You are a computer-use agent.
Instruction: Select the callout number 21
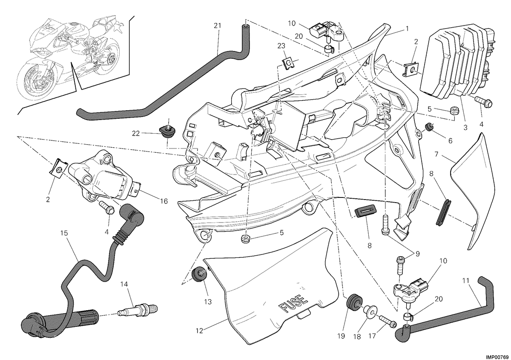(218, 26)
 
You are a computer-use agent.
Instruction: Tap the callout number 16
(164, 201)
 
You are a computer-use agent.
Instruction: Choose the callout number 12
(199, 331)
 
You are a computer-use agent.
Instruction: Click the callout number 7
(436, 154)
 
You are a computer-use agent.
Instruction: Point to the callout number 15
(64, 233)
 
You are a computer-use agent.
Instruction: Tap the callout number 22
(136, 133)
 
